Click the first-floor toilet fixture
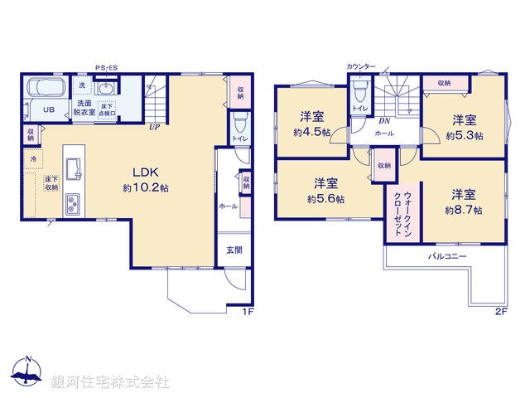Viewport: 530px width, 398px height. (x=240, y=125)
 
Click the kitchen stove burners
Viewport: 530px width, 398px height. (x=72, y=202)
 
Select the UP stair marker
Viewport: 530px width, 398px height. (x=154, y=127)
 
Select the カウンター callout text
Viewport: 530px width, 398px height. (x=361, y=66)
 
